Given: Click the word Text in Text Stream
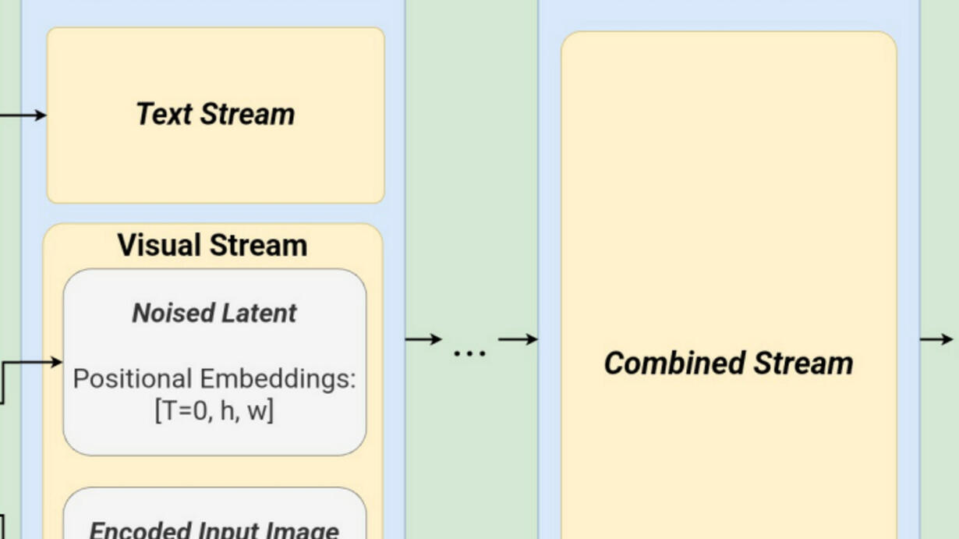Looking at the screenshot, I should (165, 115).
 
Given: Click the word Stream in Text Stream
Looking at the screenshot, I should (248, 115).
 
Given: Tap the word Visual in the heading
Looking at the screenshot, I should (157, 246).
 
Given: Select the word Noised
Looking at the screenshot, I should (161, 314).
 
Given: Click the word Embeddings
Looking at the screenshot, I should (277, 379).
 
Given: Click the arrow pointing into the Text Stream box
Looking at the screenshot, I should (23, 115).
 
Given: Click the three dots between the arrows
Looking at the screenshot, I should (469, 353).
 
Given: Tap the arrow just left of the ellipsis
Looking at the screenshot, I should (423, 339).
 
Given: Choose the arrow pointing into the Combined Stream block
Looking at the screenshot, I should (518, 339).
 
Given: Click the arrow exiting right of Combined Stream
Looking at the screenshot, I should (936, 339).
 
